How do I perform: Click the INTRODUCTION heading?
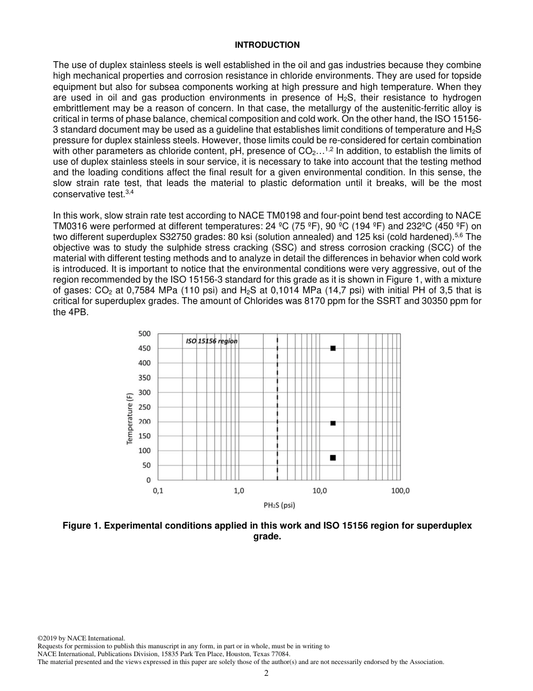267,45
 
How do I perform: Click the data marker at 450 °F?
333,348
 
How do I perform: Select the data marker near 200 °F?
333,423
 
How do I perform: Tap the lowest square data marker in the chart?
333,458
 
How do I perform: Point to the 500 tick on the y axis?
144,334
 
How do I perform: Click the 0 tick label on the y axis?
148,480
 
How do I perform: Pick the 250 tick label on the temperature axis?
144,407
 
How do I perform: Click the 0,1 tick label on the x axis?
158,491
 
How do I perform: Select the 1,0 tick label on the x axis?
238,491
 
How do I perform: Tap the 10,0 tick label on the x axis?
319,491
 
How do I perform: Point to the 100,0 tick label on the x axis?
400,491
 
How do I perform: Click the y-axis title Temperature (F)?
130,419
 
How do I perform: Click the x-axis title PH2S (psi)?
279,505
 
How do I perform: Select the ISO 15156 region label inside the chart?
212,341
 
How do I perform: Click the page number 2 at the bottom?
266,673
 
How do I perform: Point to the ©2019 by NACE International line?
81,638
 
